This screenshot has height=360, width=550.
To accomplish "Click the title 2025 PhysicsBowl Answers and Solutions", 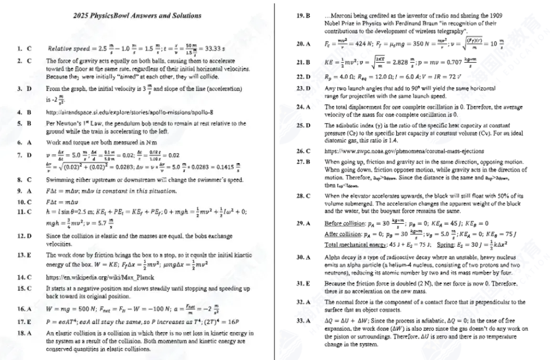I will pyautogui.click(x=137, y=16).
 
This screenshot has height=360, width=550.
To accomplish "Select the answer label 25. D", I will pyautogui.click(x=303, y=123).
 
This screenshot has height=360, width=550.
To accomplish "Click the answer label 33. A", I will pyautogui.click(x=303, y=320).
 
